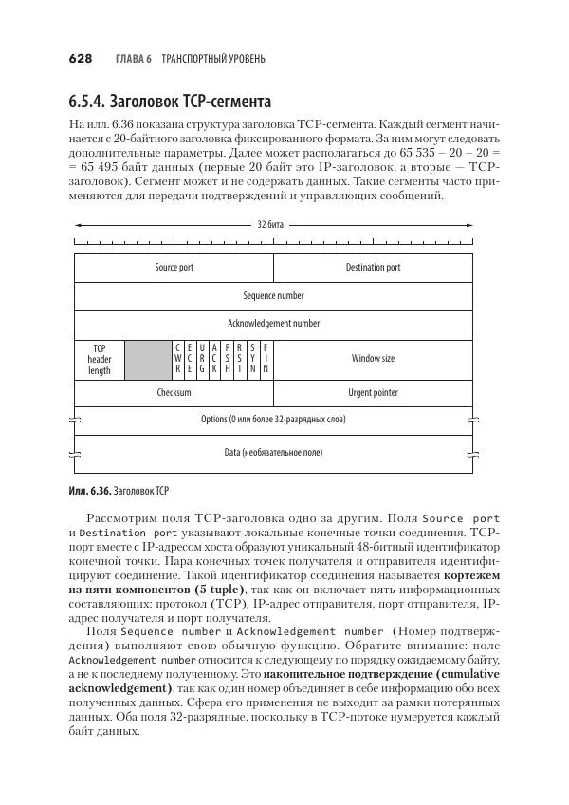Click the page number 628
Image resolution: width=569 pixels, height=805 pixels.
click(x=80, y=59)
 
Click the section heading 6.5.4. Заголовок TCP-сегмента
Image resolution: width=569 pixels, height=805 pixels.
click(x=170, y=102)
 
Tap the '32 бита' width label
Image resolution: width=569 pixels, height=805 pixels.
click(x=271, y=225)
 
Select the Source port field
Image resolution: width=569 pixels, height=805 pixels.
click(x=174, y=268)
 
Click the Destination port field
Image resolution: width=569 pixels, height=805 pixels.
click(x=373, y=268)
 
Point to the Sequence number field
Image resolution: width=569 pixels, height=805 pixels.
click(x=273, y=295)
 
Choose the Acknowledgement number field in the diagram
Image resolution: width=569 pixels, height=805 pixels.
click(x=273, y=324)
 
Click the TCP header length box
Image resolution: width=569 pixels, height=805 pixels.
click(x=100, y=359)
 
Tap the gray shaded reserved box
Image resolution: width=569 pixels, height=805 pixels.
click(x=147, y=359)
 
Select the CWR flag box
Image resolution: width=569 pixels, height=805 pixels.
click(x=178, y=359)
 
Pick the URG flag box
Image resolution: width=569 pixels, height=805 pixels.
click(x=202, y=359)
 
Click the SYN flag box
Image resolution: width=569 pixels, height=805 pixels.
click(x=253, y=359)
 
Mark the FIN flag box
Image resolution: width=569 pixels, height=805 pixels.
click(x=266, y=359)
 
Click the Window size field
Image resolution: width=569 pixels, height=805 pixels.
click(x=373, y=359)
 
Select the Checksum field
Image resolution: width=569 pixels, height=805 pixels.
click(x=174, y=392)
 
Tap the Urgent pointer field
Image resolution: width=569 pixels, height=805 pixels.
click(x=373, y=392)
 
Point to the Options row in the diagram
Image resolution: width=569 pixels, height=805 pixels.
click(x=273, y=419)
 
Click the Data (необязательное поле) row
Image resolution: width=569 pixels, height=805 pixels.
click(x=273, y=453)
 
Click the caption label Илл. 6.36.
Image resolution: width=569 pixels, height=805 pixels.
click(x=89, y=492)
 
